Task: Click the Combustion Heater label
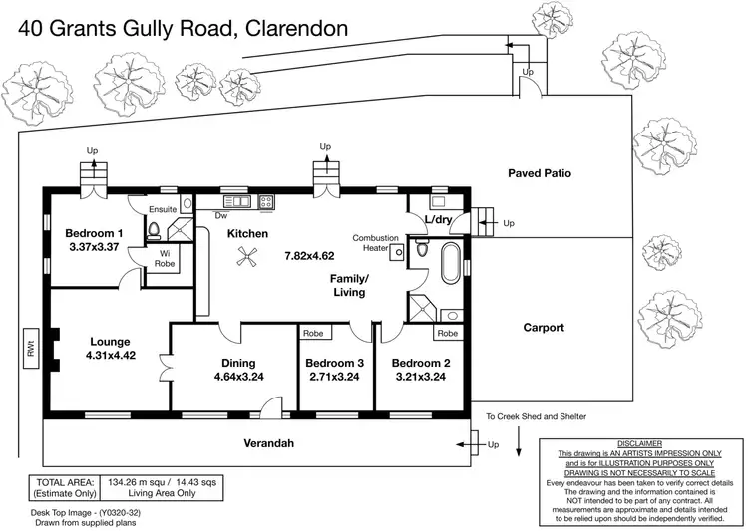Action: (x=376, y=244)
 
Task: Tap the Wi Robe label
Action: (x=165, y=259)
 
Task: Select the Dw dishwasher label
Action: (x=221, y=214)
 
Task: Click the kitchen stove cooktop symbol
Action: (x=267, y=202)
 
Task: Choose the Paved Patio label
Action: (x=539, y=172)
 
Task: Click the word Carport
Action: (x=544, y=327)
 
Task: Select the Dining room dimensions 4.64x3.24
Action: (x=238, y=378)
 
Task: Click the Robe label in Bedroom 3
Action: (x=312, y=334)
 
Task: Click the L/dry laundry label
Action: (x=439, y=219)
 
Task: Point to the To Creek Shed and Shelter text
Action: (x=536, y=416)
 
